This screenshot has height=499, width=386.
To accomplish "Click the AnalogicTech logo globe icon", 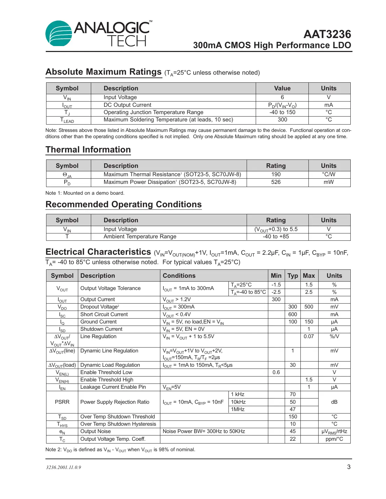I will (59, 34).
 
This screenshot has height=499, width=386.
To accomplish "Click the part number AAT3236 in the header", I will (327, 34).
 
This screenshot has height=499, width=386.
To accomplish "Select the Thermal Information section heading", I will (88, 150).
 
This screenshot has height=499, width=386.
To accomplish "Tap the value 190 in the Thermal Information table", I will (276, 174).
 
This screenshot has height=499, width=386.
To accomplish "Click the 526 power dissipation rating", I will (276, 182).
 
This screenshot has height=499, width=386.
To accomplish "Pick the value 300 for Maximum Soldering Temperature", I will (282, 120).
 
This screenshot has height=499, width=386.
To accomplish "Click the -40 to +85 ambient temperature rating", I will (276, 237).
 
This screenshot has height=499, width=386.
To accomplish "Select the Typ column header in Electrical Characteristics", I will (292, 276).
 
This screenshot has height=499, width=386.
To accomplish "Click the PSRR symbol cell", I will (62, 402).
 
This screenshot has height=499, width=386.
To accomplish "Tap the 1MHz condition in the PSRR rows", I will (238, 409).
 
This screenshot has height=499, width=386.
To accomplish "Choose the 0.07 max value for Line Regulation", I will (308, 337).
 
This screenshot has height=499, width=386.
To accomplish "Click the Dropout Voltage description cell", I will (100, 307).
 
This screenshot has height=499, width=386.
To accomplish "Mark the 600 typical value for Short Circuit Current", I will (292, 314).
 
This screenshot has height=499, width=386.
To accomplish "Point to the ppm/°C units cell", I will (334, 439).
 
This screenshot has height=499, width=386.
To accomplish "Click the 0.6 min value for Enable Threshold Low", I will (276, 372).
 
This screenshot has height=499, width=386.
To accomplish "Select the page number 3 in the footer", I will (348, 467).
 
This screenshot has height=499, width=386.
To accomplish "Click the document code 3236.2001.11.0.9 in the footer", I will (64, 468).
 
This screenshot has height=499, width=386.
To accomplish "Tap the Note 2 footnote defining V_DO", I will (120, 450).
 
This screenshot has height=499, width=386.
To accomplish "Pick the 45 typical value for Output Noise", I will (292, 432).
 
